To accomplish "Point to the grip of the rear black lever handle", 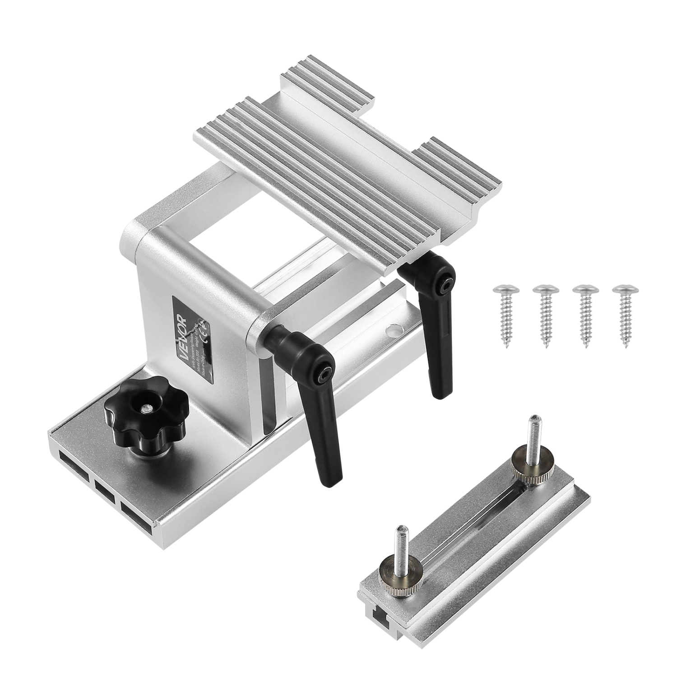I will point(432,343).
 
